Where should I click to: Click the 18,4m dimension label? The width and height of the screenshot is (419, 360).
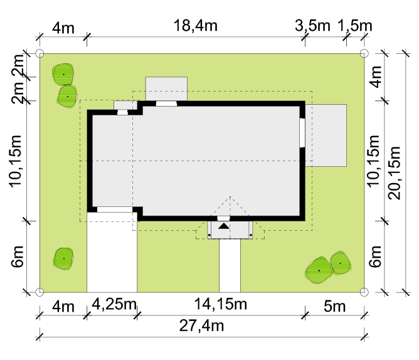(195, 26)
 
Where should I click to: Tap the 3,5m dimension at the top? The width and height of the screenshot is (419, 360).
(312, 26)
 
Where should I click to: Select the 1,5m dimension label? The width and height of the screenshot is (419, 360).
(354, 26)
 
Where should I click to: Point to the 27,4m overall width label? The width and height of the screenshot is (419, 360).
(201, 326)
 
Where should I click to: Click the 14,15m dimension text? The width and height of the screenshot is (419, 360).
(220, 304)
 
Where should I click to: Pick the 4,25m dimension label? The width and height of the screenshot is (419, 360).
(114, 304)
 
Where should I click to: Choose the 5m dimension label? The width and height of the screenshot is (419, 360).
(334, 306)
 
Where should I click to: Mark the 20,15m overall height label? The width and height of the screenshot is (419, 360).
(395, 173)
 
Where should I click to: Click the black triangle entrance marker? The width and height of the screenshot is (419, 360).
(224, 226)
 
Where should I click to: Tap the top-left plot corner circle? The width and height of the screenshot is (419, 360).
(40, 53)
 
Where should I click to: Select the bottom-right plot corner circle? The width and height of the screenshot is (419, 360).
(364, 292)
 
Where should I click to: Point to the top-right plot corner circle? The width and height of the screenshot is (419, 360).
(364, 53)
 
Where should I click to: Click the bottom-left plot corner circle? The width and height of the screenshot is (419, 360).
(40, 292)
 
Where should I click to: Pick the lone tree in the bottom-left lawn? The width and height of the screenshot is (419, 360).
(63, 258)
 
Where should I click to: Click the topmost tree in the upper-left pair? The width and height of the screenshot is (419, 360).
(63, 74)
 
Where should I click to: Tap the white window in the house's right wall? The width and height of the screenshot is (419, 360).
(302, 132)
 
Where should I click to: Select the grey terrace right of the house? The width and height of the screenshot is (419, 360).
(326, 135)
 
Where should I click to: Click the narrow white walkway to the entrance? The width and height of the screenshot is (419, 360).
(230, 266)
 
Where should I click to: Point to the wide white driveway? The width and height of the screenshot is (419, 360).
(112, 253)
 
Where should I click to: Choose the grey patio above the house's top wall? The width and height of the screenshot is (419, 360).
(166, 88)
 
